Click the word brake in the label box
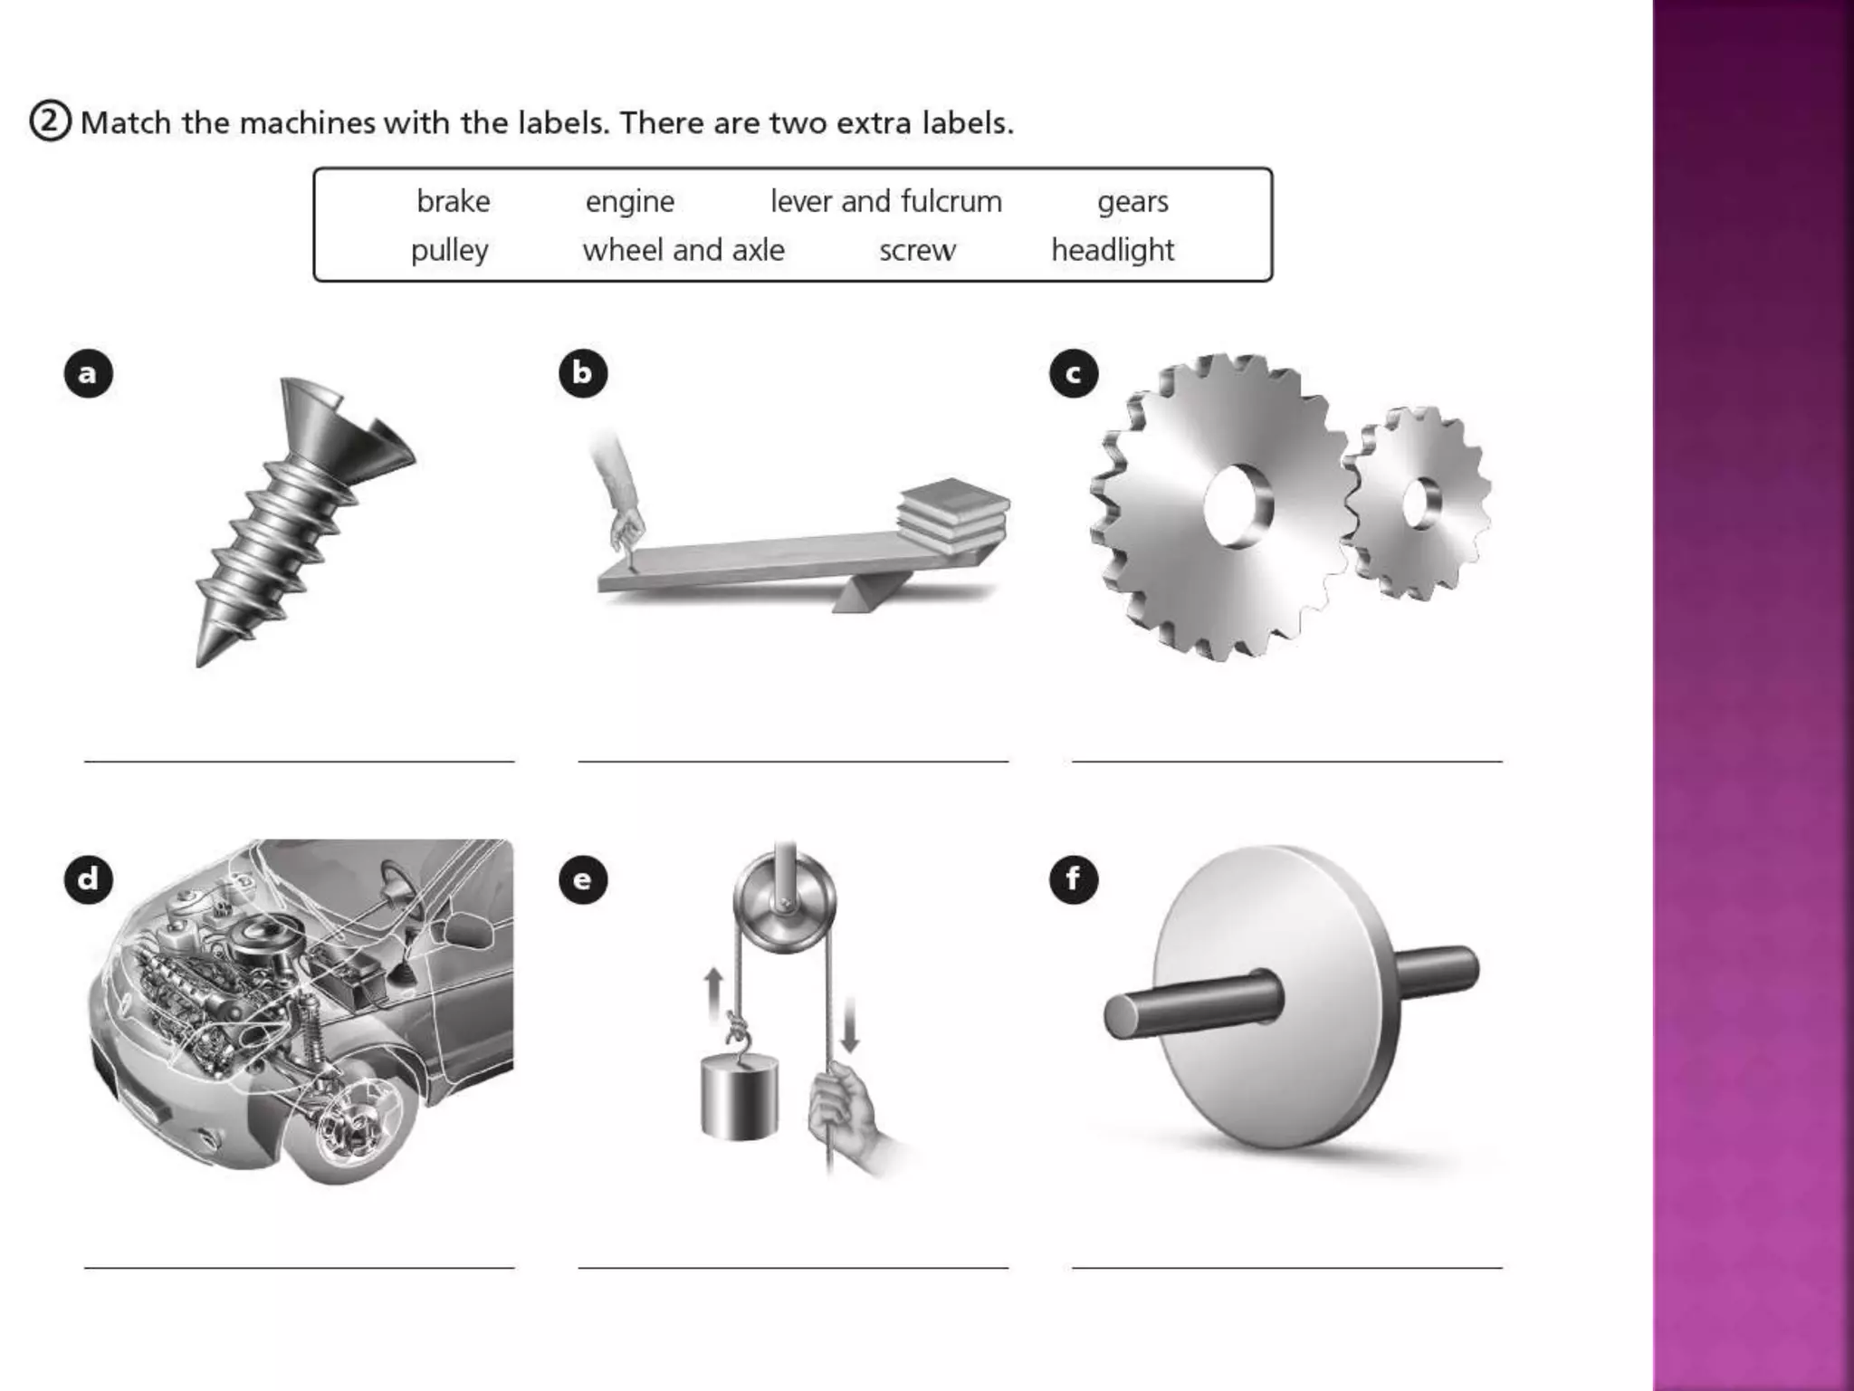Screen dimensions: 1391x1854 pyautogui.click(x=453, y=201)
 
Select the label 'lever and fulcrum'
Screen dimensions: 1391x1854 pyautogui.click(x=885, y=201)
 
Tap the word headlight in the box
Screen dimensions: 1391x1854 pyautogui.click(x=1112, y=250)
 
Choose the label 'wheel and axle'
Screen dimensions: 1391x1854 pyautogui.click(x=683, y=250)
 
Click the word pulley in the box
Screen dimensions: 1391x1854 pyautogui.click(x=449, y=251)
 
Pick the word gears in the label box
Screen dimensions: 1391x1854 pyautogui.click(x=1132, y=201)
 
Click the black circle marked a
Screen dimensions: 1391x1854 pyautogui.click(x=88, y=373)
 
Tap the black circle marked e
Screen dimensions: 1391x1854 pyautogui.click(x=582, y=879)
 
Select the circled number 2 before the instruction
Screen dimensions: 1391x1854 pyautogui.click(x=50, y=121)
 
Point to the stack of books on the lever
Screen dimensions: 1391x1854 pyautogui.click(x=952, y=513)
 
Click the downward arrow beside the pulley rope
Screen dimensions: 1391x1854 pyautogui.click(x=849, y=1024)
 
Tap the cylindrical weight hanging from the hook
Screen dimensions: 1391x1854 pyautogui.click(x=739, y=1100)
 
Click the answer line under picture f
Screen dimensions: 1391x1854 pyautogui.click(x=1286, y=1266)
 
